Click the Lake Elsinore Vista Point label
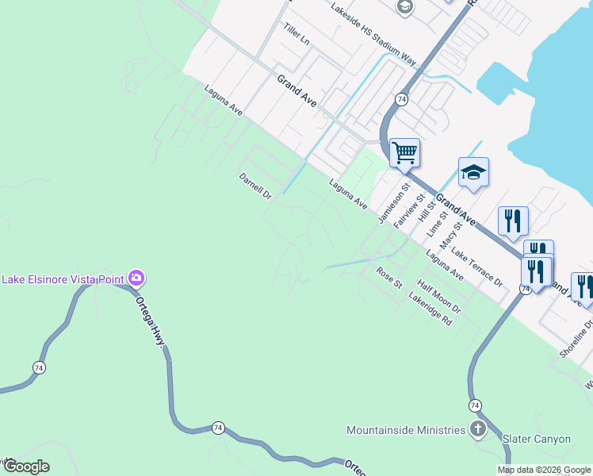coord(63,278)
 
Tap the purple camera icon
coord(136,278)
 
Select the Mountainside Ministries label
coord(405,430)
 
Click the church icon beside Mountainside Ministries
coord(477,430)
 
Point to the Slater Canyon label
coord(536,439)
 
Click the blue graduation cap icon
coord(473,172)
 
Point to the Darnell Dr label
coord(256,186)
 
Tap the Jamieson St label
coord(392,204)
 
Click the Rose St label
coord(389,278)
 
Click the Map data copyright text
coord(544,470)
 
